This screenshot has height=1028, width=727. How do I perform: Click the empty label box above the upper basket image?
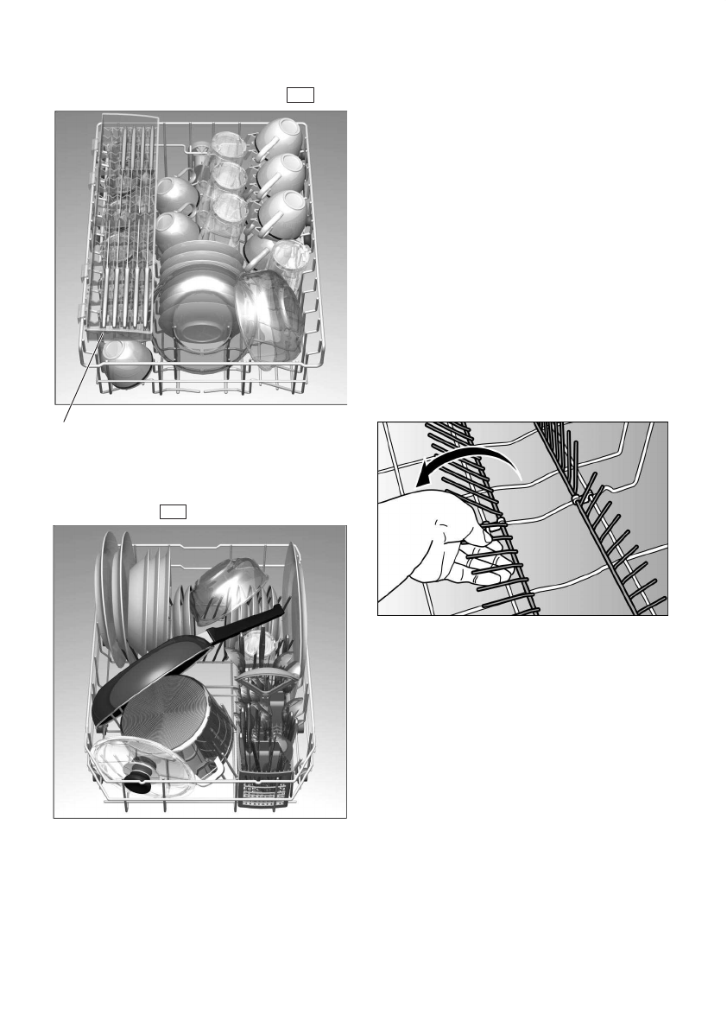pos(300,95)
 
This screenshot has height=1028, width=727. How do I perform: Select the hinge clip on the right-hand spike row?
pos(576,499)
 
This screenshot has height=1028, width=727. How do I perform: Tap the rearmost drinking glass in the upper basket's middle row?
pos(228,147)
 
